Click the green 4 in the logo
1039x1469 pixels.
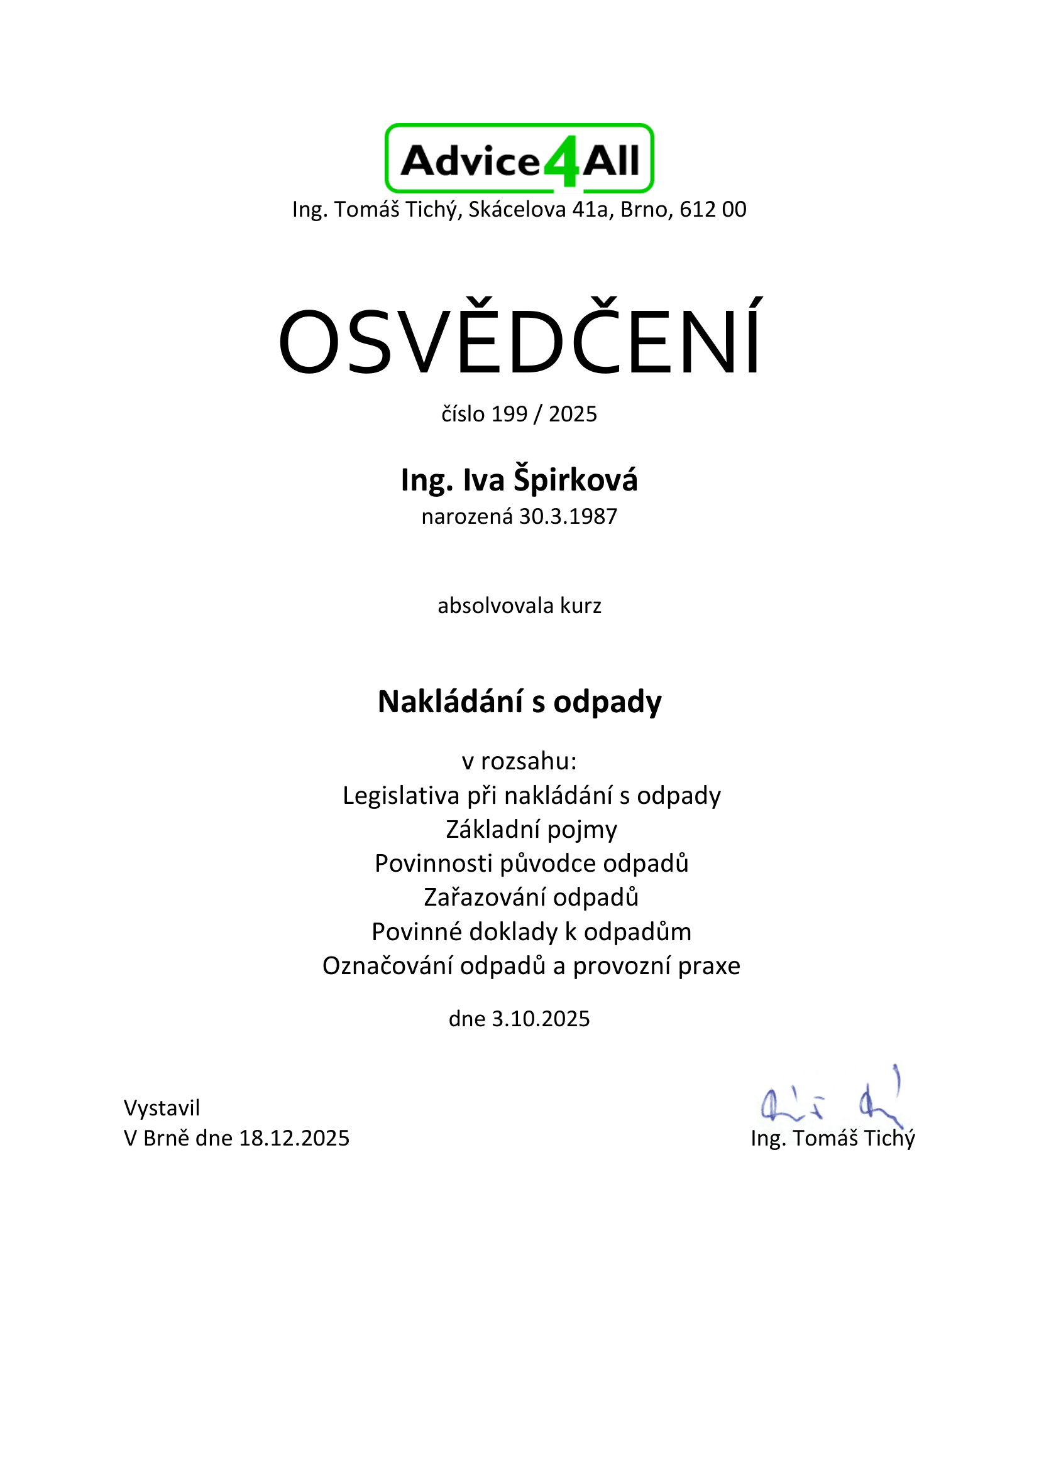[x=561, y=163]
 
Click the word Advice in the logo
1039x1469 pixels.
[x=471, y=161]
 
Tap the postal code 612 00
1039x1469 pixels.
[x=713, y=209]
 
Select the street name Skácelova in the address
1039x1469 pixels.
[x=517, y=209]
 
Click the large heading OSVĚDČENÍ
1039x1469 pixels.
[x=519, y=340]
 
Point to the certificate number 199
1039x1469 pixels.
[x=510, y=414]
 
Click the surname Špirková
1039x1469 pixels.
[x=575, y=480]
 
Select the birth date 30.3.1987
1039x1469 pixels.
[x=568, y=516]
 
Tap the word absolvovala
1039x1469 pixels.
[x=495, y=605]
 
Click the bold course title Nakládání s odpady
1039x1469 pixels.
[x=519, y=702]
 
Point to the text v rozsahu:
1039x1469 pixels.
[x=519, y=761]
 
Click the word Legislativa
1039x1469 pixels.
[x=401, y=795]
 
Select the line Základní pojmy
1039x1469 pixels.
[x=531, y=829]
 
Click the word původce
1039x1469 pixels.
[x=548, y=864]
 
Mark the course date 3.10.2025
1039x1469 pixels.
[x=541, y=1019]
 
